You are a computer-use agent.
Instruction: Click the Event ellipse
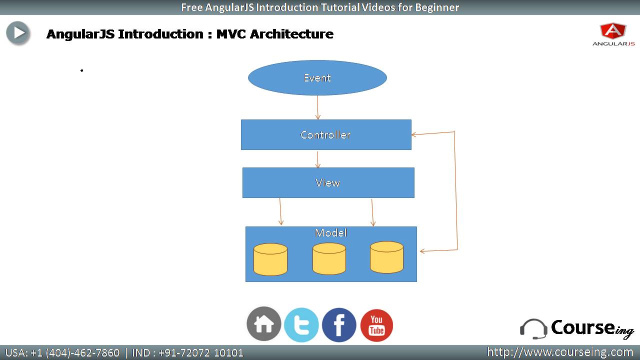click(x=317, y=77)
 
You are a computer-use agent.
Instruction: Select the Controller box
click(x=326, y=134)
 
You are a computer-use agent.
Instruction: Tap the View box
click(x=328, y=182)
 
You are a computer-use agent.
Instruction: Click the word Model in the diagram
click(x=330, y=233)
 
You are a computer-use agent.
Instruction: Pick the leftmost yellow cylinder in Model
click(x=270, y=259)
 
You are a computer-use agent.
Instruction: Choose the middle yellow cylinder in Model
click(x=329, y=258)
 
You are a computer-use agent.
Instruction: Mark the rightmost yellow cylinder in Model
click(x=386, y=257)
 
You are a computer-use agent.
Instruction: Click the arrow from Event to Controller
click(x=317, y=107)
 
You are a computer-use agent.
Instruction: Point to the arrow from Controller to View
click(x=317, y=159)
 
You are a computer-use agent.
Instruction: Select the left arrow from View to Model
click(x=280, y=211)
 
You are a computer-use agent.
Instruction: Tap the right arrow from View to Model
click(x=372, y=212)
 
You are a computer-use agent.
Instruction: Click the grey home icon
click(x=263, y=323)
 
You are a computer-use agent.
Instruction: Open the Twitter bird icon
click(x=301, y=325)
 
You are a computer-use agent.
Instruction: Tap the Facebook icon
click(x=339, y=325)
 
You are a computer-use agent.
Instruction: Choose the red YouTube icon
click(x=376, y=325)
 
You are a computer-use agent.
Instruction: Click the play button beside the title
click(x=18, y=33)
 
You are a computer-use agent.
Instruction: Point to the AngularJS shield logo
click(x=613, y=31)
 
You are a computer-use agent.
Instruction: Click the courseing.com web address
click(x=560, y=352)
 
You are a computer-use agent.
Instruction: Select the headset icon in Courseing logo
click(x=533, y=329)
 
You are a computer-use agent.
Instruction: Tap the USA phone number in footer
click(x=62, y=353)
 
